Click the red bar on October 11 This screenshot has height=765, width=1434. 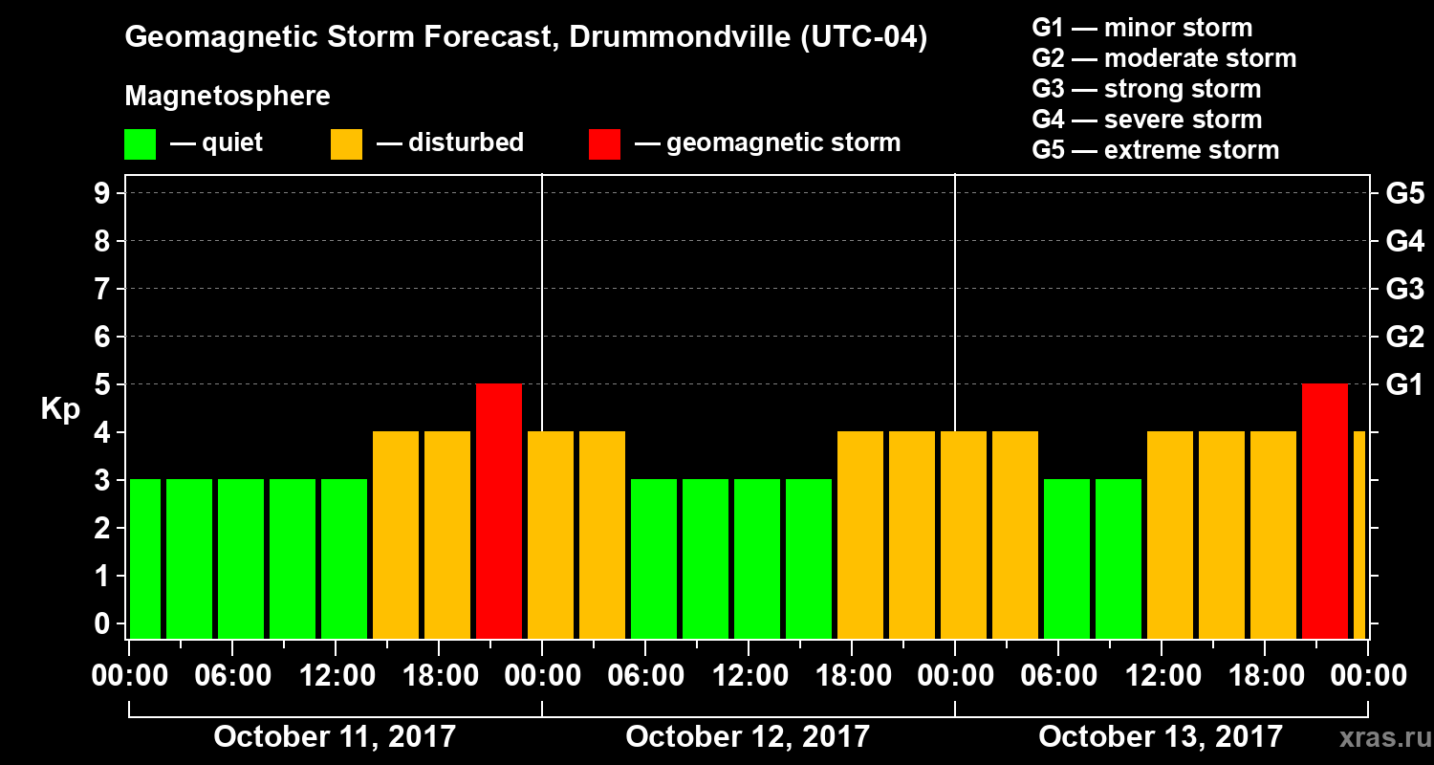[499, 511]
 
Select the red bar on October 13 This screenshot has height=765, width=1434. [1325, 511]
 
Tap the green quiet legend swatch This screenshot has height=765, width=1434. [140, 143]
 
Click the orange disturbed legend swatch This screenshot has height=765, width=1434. [346, 143]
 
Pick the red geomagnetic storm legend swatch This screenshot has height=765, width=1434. [604, 143]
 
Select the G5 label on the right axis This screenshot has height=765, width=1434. [1404, 194]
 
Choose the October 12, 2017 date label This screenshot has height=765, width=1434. [748, 737]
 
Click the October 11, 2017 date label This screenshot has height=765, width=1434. [335, 737]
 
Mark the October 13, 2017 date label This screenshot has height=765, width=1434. [1161, 737]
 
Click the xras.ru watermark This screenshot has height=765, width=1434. [1379, 737]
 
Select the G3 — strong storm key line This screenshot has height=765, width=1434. [1146, 89]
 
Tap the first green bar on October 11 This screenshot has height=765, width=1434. [145, 558]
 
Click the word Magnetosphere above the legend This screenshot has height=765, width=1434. [228, 97]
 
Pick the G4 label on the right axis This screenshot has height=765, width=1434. [1404, 242]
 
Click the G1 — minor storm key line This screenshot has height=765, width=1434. [1141, 28]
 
